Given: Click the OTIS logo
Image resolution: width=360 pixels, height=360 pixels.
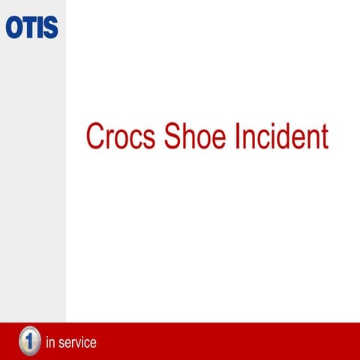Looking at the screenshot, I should point(31,27).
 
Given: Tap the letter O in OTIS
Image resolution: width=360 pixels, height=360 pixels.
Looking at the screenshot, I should point(14,27).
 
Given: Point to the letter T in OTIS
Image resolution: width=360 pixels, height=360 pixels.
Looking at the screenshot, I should point(29,27).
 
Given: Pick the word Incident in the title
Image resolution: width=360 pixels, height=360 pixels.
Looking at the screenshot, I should point(283,136).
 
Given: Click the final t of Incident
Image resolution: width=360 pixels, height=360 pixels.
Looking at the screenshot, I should point(325,137).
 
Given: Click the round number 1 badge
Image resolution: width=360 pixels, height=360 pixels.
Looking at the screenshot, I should point(29,341).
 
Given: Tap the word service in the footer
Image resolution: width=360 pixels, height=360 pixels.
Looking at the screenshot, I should point(77,343).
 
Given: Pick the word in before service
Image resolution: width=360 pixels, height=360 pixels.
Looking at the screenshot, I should point(51,343).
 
